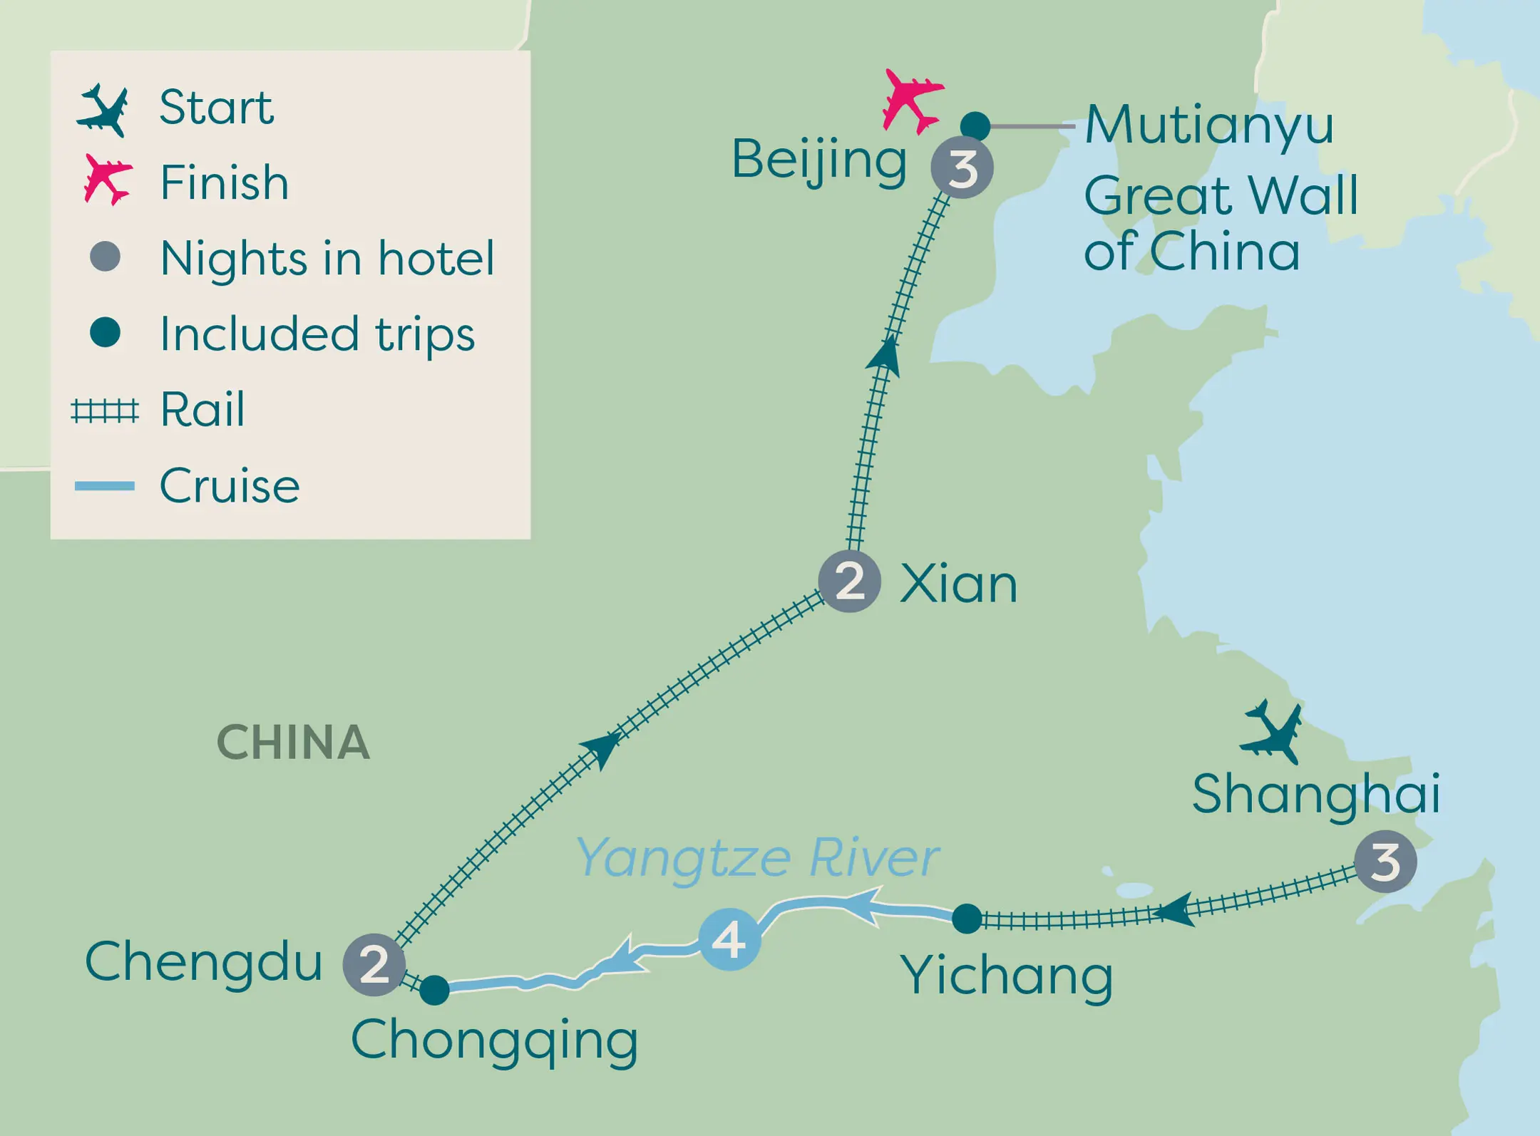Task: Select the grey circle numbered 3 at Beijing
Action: pos(962,168)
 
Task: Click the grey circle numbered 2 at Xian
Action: pos(849,582)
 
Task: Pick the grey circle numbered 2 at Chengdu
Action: pos(374,964)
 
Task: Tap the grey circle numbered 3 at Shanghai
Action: pos(1385,862)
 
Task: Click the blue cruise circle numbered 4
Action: pos(729,940)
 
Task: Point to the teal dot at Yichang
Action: pos(967,919)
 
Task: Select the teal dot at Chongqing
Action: pos(434,990)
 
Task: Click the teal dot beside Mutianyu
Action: pos(975,126)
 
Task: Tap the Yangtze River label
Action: pos(757,857)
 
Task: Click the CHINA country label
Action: pos(293,743)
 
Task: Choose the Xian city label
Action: pos(958,584)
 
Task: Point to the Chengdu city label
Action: pos(204,961)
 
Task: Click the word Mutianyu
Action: pos(1209,125)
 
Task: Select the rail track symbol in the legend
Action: pos(105,411)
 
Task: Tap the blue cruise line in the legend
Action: pos(105,486)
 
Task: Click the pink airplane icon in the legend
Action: pos(107,179)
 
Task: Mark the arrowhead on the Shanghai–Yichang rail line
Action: pos(1175,910)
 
